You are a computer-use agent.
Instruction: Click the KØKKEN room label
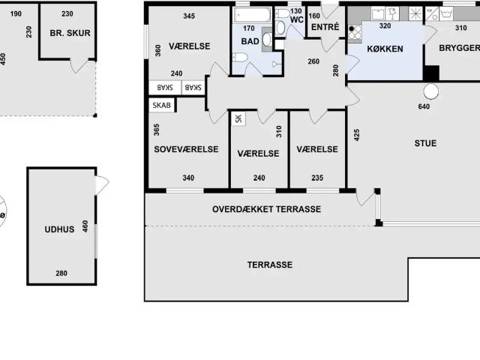coord(385,49)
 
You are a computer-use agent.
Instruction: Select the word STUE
coord(425,143)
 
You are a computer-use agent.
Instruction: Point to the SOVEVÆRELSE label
coord(186,149)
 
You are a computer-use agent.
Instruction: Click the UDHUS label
coord(59,229)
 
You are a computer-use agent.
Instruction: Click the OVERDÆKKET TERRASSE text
coord(266,209)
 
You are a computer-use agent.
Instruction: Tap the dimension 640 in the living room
coord(424,106)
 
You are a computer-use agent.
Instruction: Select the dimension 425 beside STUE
coord(357,136)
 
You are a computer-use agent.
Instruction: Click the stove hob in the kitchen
coord(355,31)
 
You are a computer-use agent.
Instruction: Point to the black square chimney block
coord(430,73)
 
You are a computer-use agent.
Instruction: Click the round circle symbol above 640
coord(431,91)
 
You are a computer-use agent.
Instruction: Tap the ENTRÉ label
coord(324,28)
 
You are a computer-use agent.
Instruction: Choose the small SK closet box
coord(238,118)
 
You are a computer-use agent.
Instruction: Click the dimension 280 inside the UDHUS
coord(61,274)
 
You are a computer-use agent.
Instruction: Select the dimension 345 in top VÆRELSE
coord(189,16)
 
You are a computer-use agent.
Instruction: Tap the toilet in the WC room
coord(280,28)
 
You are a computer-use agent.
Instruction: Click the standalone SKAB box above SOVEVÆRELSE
coord(162,105)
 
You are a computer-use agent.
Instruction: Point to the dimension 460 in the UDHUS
coord(85,225)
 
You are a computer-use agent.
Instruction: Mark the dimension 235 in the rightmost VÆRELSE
coord(317,178)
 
